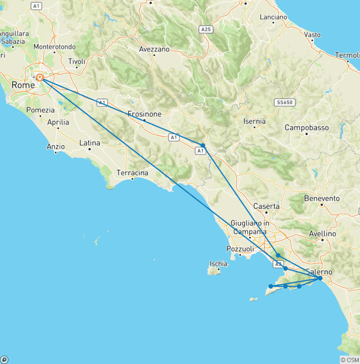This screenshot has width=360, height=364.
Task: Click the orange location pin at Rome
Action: click(40, 77)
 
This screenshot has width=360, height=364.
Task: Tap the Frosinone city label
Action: click(144, 114)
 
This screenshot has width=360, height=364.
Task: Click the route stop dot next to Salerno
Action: click(320, 278)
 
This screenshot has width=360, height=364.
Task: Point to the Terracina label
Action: click(132, 173)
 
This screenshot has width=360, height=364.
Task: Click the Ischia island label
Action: click(218, 264)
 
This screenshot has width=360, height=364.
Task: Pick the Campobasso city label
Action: click(307, 128)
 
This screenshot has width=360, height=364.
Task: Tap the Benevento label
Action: click(322, 198)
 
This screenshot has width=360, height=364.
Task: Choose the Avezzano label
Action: click(154, 49)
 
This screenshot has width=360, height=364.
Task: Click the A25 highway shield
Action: click(205, 29)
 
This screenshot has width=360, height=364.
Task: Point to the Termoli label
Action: click(347, 55)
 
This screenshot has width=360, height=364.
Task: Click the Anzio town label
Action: click(55, 146)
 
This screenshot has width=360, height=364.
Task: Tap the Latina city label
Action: click(90, 143)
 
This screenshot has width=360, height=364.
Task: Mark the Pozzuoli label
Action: click(240, 249)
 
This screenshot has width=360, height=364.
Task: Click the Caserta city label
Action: click(266, 206)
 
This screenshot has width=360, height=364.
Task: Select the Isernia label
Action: click(255, 121)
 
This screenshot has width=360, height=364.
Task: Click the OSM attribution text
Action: click(350, 360)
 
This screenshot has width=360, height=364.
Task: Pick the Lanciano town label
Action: click(273, 17)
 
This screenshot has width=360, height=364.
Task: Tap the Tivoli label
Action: click(77, 61)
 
